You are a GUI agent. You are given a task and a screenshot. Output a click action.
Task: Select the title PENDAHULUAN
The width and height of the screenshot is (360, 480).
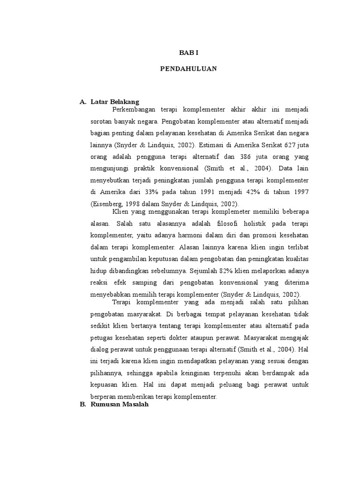tap(188, 68)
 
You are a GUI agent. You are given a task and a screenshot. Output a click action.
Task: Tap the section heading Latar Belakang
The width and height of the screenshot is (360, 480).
tap(115, 101)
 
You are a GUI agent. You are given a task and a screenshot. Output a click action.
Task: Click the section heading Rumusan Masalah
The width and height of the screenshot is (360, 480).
tap(119, 405)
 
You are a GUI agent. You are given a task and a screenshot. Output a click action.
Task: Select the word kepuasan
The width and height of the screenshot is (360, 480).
tap(103, 385)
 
